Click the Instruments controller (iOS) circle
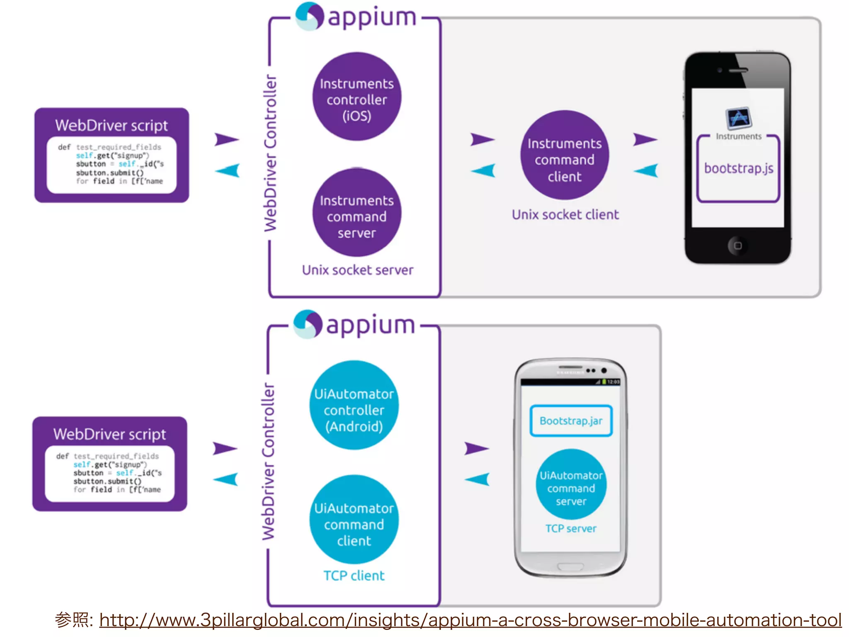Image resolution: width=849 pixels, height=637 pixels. click(x=357, y=97)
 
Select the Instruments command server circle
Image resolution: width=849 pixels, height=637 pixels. click(x=357, y=213)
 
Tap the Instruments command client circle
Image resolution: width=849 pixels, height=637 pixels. click(x=564, y=156)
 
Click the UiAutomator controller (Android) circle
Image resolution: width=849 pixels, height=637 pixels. click(x=354, y=405)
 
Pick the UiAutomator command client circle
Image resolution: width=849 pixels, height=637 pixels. click(x=354, y=520)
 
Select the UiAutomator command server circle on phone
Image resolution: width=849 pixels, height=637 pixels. click(x=571, y=484)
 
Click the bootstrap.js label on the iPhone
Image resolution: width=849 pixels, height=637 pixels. click(x=738, y=168)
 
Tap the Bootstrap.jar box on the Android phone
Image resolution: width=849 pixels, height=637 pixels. click(x=571, y=421)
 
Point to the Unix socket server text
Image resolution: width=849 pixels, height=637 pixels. click(x=357, y=270)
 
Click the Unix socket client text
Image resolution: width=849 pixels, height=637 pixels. click(x=565, y=214)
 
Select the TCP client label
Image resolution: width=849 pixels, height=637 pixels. click(x=354, y=576)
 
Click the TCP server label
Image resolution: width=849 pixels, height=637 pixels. click(x=571, y=528)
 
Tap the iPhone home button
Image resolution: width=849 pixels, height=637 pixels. click(x=737, y=246)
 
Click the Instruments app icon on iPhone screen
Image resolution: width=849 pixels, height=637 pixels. click(x=738, y=119)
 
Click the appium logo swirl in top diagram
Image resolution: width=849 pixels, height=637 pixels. click(x=309, y=17)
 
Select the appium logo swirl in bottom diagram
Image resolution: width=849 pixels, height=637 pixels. click(x=308, y=324)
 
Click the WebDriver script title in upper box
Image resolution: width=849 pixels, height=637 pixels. click(x=112, y=125)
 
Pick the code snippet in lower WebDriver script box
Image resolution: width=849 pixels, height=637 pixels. click(x=109, y=473)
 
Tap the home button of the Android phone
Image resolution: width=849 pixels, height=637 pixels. click(x=570, y=566)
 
